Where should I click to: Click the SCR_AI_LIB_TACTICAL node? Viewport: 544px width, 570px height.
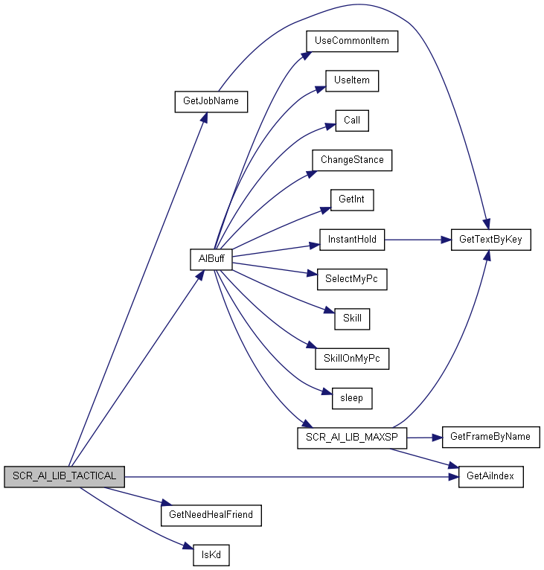[x=64, y=476]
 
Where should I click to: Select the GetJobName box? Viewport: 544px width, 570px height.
[x=211, y=102]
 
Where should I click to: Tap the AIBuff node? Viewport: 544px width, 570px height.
[x=211, y=260]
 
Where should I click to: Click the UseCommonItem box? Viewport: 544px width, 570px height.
[x=352, y=42]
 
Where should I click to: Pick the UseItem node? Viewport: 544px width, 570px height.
[x=352, y=81]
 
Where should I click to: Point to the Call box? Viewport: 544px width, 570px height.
[x=352, y=121]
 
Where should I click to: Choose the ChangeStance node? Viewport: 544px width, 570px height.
[x=352, y=160]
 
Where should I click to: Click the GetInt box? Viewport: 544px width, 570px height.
[x=352, y=200]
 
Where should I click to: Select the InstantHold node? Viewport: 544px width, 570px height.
[x=352, y=240]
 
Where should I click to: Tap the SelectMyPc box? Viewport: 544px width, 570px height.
[x=352, y=280]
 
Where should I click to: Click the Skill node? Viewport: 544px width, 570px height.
[x=352, y=319]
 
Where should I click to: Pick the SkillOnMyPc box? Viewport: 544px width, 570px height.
[x=352, y=359]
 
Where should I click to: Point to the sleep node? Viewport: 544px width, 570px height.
[x=352, y=398]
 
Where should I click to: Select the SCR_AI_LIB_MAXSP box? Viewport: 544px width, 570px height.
[x=352, y=438]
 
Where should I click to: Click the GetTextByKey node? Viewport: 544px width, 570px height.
[x=491, y=240]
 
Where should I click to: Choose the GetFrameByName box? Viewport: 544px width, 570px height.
[x=491, y=438]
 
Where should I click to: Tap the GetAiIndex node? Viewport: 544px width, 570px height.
[x=491, y=477]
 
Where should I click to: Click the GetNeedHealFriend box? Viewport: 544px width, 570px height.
[x=211, y=516]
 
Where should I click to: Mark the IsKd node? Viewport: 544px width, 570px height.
[x=211, y=555]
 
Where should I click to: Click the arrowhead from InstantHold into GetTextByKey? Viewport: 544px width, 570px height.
[x=447, y=240]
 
